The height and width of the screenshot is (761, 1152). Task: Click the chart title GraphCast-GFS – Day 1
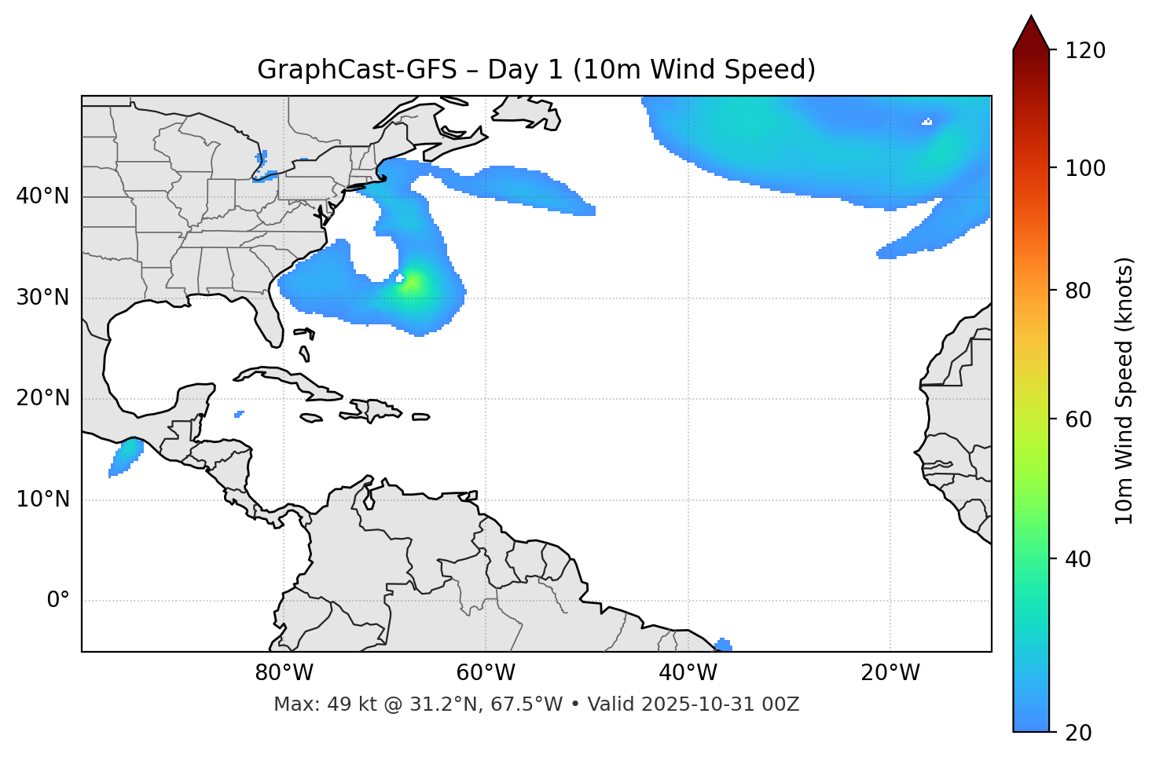pyautogui.click(x=536, y=70)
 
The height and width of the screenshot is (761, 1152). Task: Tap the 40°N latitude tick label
pyautogui.click(x=42, y=196)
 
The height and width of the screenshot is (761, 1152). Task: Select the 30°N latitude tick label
pyautogui.click(x=42, y=298)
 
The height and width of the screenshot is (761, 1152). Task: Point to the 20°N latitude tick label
pyautogui.click(x=42, y=398)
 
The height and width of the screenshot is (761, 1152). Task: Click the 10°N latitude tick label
pyautogui.click(x=42, y=499)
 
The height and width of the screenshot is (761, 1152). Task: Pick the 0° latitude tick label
pyautogui.click(x=58, y=601)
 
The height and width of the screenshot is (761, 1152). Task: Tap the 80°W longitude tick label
pyautogui.click(x=284, y=673)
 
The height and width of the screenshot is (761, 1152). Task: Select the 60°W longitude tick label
pyautogui.click(x=486, y=673)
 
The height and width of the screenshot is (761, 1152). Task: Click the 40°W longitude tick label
pyautogui.click(x=688, y=673)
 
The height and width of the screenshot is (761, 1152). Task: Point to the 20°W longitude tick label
pyautogui.click(x=890, y=673)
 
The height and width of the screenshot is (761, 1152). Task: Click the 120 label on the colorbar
pyautogui.click(x=1085, y=50)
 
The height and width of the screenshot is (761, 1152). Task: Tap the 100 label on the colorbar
pyautogui.click(x=1085, y=168)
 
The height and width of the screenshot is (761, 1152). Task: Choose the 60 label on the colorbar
pyautogui.click(x=1080, y=419)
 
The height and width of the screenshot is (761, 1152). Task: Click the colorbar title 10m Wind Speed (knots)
pyautogui.click(x=1124, y=390)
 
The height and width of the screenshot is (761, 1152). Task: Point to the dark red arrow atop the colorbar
pyautogui.click(x=1031, y=34)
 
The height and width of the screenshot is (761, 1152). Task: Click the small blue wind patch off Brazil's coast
pyautogui.click(x=724, y=645)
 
